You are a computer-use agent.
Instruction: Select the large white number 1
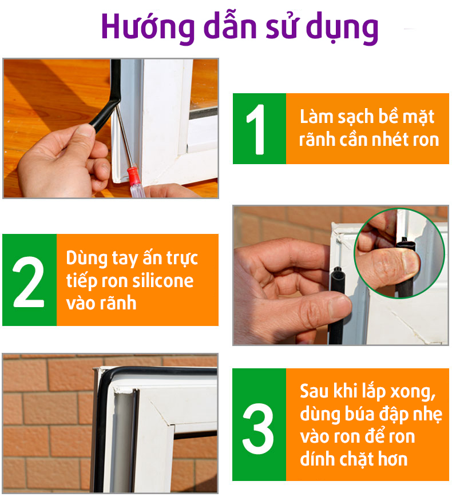point(256,129)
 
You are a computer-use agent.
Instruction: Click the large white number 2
point(29,282)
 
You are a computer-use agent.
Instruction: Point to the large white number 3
point(258,428)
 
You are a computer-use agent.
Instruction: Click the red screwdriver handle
point(135,181)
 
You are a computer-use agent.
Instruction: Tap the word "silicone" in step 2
point(162,281)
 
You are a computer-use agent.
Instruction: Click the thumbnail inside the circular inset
point(410,263)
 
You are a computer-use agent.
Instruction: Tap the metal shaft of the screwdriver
point(124,137)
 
